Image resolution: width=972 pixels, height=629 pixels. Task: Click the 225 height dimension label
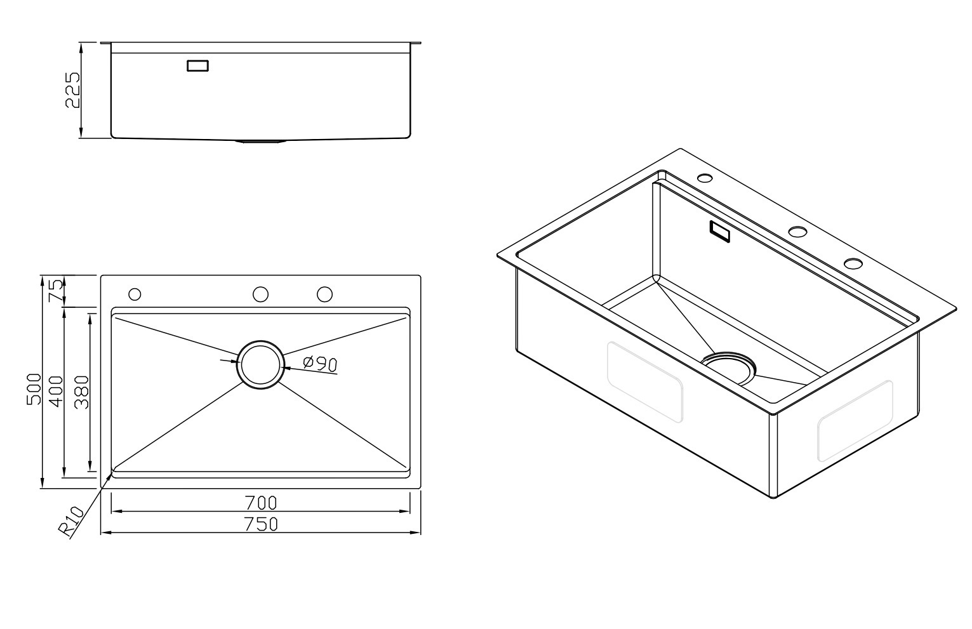(x=72, y=89)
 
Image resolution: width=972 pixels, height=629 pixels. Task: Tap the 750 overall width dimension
(x=261, y=524)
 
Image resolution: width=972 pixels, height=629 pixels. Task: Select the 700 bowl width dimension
(x=261, y=503)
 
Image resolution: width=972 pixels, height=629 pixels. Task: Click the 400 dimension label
(x=57, y=392)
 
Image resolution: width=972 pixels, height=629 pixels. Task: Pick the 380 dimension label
(x=81, y=392)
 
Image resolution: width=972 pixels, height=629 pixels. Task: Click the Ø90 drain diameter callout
(x=320, y=364)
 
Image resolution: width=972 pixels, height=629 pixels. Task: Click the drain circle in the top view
(x=260, y=365)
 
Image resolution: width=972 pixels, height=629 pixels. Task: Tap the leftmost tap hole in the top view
(x=135, y=294)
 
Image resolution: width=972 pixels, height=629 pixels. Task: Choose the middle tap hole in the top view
(x=260, y=294)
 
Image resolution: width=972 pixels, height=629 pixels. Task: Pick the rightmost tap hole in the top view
(x=324, y=294)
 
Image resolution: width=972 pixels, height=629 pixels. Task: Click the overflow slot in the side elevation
(x=198, y=65)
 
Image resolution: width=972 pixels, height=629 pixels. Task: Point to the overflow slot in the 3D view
(x=719, y=231)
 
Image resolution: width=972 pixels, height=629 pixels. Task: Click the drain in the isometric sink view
(x=729, y=368)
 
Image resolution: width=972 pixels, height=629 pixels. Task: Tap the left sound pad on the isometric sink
(x=645, y=382)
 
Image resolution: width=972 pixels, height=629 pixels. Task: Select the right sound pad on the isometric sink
(x=855, y=421)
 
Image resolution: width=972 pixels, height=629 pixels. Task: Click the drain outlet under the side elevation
(x=260, y=141)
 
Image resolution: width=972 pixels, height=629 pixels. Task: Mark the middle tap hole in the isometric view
(x=797, y=232)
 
